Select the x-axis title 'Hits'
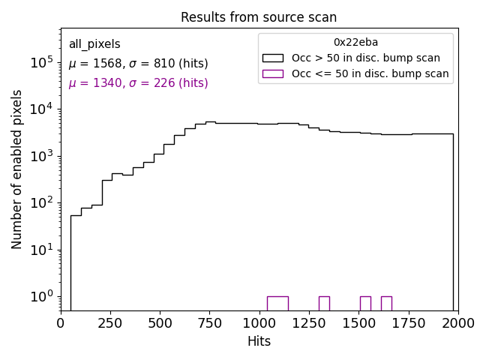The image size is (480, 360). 259,341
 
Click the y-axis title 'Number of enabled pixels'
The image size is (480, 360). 17,169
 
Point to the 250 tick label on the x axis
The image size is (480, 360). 111,322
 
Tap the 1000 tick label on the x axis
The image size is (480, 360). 259,322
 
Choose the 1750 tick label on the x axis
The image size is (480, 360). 408,322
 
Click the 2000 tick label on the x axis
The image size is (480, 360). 457,322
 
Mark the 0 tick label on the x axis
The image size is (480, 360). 61,322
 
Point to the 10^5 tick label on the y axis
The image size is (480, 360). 40,63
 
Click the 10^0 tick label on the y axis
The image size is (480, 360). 40,297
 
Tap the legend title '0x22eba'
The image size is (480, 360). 355,42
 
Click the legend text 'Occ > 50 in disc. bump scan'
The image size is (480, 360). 366,58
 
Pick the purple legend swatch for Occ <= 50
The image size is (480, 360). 272,73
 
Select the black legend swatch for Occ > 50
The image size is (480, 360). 272,58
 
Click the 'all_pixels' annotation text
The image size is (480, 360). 94,44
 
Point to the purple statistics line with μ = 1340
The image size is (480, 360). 138,83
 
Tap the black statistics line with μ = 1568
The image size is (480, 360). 138,64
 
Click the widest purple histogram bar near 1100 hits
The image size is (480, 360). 277,303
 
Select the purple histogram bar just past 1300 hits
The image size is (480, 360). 324,303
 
